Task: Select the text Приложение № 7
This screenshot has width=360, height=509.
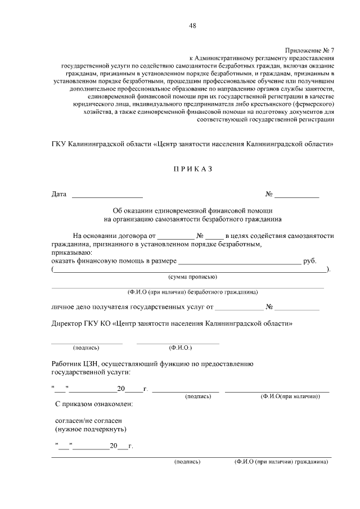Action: pos(310,49)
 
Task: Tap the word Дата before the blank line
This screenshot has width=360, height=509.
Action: pos(59,195)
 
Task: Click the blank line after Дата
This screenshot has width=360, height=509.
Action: pos(107,196)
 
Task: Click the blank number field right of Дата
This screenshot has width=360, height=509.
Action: pos(296,196)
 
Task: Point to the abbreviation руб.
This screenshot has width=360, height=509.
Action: pos(310,261)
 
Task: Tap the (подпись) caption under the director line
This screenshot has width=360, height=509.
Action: pos(86,348)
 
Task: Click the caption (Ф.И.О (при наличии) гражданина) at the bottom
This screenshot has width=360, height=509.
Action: pos(281,462)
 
